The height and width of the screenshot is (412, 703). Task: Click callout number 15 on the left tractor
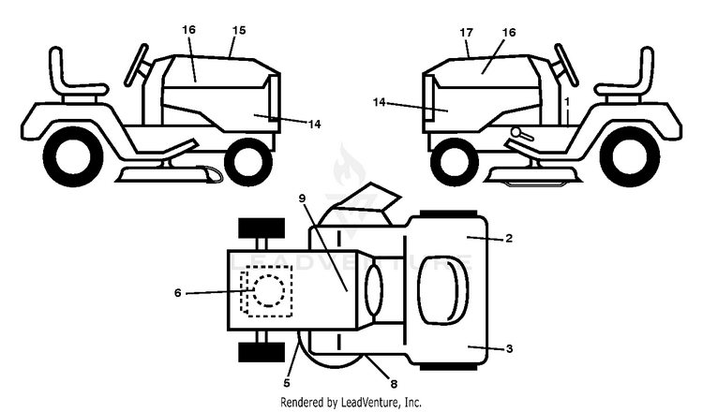point(239,31)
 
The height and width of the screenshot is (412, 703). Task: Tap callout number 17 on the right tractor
point(466,33)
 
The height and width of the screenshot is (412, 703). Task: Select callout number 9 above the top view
point(302,198)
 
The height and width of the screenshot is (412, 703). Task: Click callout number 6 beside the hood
point(177,293)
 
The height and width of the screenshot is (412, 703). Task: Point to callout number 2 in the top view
point(508,238)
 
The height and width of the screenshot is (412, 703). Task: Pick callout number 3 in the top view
point(509,348)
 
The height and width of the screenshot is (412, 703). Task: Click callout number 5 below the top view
point(287,383)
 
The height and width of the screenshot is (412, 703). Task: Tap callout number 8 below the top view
point(394,384)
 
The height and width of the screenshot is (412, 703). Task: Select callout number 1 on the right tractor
point(567,102)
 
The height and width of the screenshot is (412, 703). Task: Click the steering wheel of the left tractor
point(136,65)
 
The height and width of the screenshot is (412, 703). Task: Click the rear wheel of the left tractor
point(73,156)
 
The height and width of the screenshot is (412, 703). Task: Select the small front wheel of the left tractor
point(248,162)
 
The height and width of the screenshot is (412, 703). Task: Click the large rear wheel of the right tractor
point(629,156)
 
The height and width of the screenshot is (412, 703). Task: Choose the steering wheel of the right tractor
point(566,65)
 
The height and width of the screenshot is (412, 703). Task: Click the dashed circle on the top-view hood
point(269,290)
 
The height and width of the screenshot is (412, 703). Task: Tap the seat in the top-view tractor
point(443,290)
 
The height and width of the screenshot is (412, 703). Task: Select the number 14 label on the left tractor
point(315,125)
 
